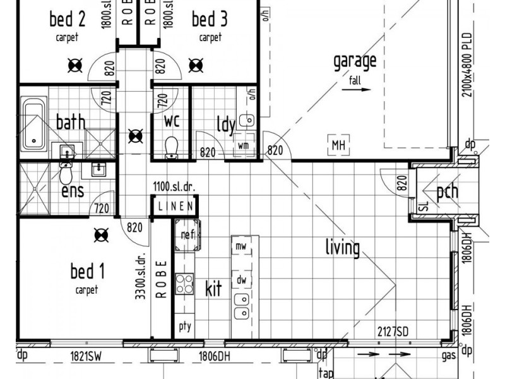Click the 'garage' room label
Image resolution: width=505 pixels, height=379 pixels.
tap(355, 62)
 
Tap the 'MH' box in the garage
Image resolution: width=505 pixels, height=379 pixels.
tap(340, 146)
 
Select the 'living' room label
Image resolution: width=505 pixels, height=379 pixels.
tap(342, 248)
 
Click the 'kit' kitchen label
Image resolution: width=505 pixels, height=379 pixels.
tap(213, 289)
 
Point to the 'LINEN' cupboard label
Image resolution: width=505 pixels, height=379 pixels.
tap(175, 206)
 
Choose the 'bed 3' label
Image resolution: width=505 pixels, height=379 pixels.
tap(210, 19)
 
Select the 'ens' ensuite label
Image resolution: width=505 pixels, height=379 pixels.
tap(73, 191)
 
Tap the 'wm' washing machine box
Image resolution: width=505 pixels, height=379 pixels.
tap(244, 146)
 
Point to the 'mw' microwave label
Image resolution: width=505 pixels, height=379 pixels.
tap(240, 246)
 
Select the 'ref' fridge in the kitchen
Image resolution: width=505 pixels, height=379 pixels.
tap(187, 234)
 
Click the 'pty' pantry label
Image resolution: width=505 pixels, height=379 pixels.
tap(185, 327)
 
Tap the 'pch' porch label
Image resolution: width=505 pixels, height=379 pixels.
tap(447, 191)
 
